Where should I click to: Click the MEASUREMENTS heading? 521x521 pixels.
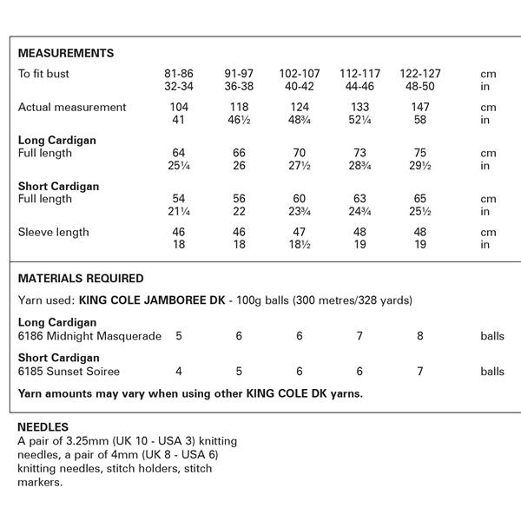click(x=66, y=54)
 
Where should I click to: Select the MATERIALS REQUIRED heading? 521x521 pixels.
click(x=81, y=279)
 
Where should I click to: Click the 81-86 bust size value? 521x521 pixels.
click(x=180, y=75)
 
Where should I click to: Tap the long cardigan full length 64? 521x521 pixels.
click(x=180, y=153)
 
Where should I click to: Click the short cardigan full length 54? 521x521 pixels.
click(x=180, y=199)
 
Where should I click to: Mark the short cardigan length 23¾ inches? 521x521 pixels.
click(x=299, y=211)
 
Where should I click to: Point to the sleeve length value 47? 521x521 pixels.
click(x=299, y=233)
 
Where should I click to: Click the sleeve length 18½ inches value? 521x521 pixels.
click(x=299, y=245)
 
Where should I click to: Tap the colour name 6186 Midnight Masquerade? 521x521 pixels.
click(x=89, y=336)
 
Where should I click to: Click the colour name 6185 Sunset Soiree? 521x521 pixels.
click(x=69, y=372)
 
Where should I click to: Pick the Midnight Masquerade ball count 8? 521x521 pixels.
click(x=419, y=336)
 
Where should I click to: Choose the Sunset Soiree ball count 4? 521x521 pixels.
click(x=180, y=372)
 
